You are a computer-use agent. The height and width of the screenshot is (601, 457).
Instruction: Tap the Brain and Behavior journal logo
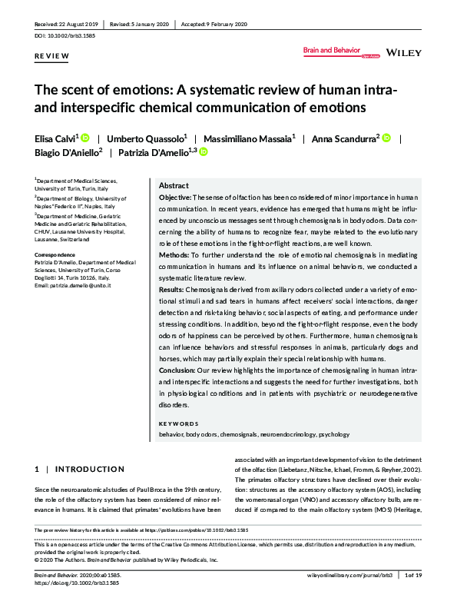coord(331,51)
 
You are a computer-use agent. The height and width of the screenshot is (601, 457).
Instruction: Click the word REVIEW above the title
coord(51,57)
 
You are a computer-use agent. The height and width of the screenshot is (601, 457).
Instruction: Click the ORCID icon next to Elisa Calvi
coord(85,138)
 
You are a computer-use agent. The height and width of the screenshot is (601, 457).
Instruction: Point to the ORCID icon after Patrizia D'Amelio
coord(204,153)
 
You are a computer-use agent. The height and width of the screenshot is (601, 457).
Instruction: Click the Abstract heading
coord(174,187)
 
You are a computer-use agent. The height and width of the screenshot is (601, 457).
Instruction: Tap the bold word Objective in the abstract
coord(175,198)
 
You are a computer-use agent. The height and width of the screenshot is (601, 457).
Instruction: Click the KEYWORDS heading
coord(178,423)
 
